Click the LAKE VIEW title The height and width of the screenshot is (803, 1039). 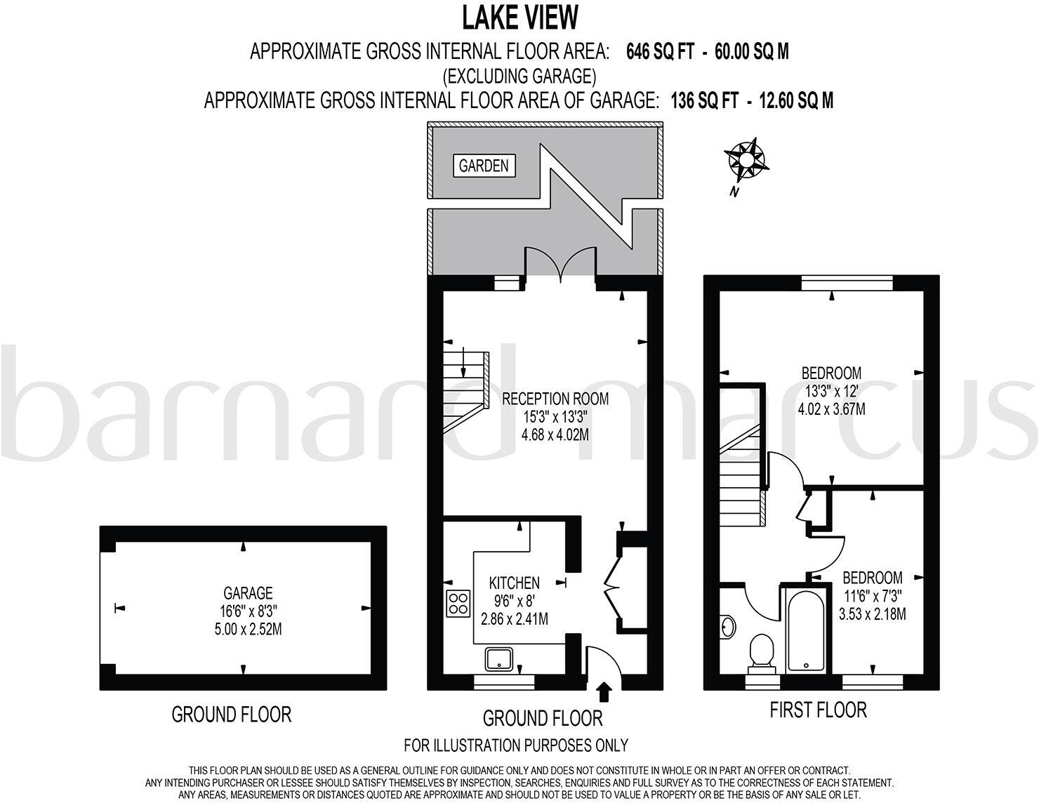coord(519,17)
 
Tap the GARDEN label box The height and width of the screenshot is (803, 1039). coord(484,166)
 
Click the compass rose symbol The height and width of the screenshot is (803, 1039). coord(746,160)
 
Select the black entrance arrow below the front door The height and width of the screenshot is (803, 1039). coord(603,693)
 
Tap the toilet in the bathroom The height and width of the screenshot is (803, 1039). coord(760,651)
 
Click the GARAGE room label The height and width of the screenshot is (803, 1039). coord(248,593)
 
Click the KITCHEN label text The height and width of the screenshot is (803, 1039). coord(515,583)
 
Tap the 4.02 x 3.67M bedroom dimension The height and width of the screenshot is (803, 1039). coord(832,408)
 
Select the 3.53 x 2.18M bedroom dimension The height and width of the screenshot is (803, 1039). coord(872,614)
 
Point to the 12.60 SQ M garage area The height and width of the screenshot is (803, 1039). coord(791,100)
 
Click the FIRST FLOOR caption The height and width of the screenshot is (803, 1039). coord(818,710)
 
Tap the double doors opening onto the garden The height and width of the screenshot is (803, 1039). coord(560,265)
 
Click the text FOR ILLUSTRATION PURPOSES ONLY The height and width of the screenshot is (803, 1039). coord(516,745)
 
